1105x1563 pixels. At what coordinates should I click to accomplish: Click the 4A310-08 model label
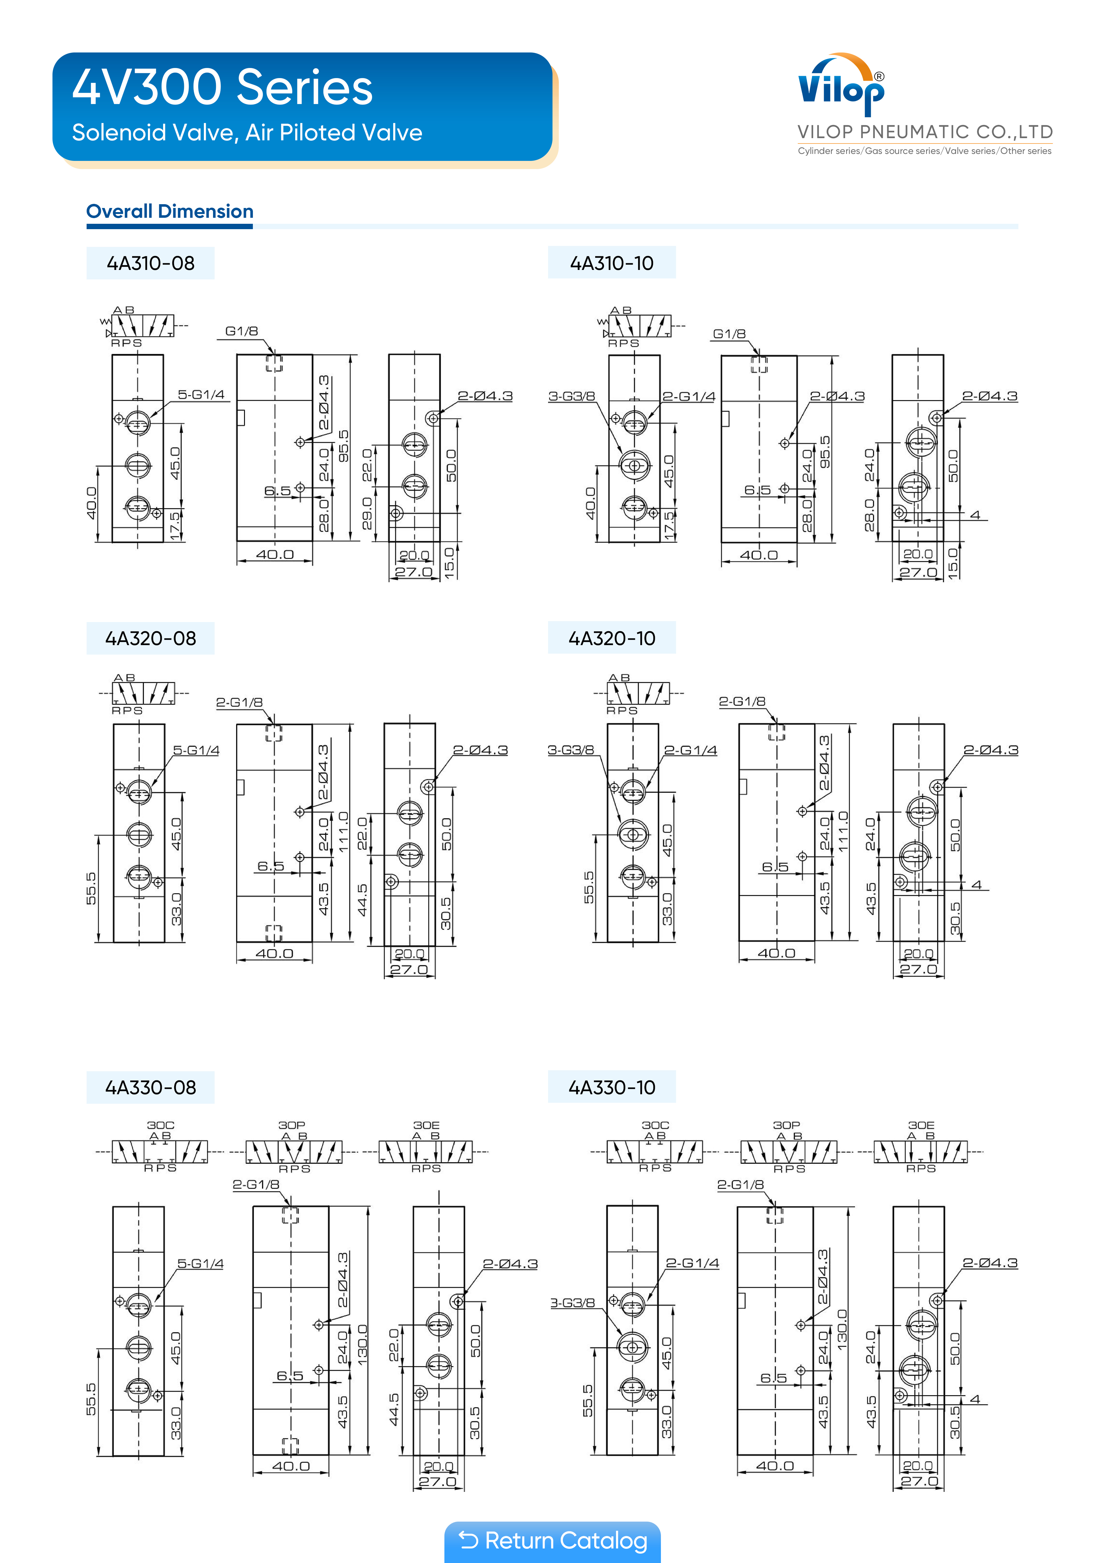point(150,263)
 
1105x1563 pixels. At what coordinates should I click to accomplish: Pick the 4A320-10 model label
point(611,638)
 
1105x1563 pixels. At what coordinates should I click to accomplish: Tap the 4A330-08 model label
point(150,1087)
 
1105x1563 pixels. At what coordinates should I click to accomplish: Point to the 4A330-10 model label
point(611,1087)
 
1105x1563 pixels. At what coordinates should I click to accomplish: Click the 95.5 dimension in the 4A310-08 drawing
point(344,446)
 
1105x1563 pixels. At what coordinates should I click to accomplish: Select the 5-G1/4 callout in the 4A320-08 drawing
point(196,750)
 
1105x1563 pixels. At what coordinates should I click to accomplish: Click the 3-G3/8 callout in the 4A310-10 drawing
point(571,396)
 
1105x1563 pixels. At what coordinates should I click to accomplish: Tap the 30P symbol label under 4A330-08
point(291,1125)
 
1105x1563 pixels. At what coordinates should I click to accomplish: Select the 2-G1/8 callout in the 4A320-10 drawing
point(742,701)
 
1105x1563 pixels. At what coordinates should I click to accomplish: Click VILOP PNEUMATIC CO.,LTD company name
point(925,132)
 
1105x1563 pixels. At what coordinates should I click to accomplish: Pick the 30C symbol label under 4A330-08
point(161,1125)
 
